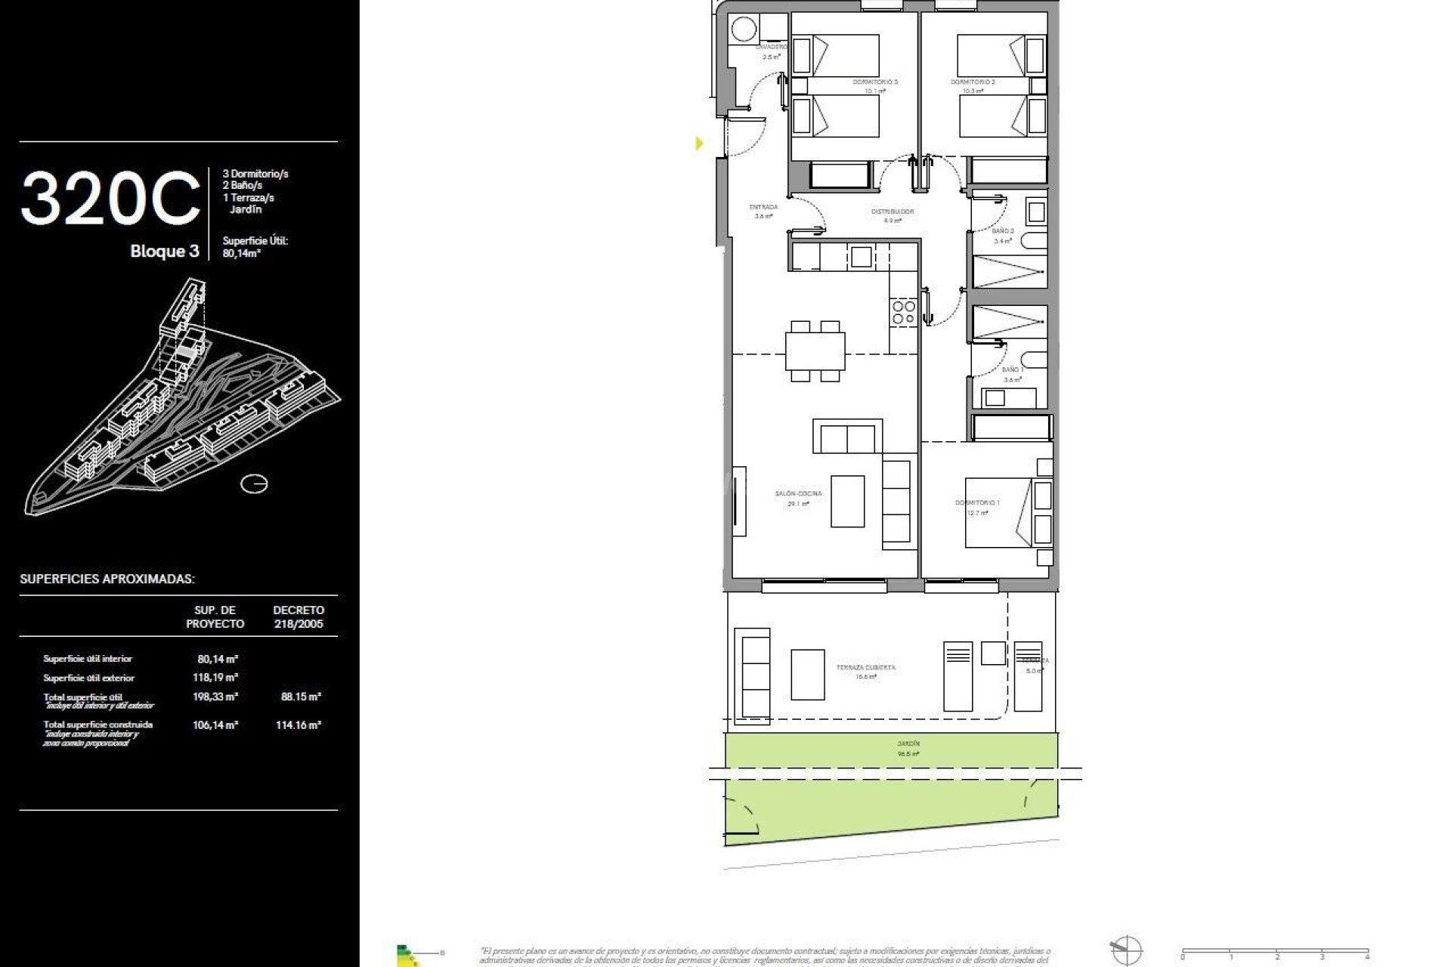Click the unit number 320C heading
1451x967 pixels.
(x=110, y=199)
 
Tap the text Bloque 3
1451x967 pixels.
(x=165, y=251)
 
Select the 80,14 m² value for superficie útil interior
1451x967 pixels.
(x=218, y=659)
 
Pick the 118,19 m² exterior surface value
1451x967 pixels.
(x=215, y=678)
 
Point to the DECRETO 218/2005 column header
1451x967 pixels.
(x=299, y=616)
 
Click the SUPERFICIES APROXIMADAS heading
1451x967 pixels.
(x=107, y=579)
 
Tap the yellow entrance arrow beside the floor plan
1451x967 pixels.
(x=699, y=143)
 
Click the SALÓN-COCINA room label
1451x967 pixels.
(x=798, y=494)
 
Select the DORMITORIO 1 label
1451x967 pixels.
(x=977, y=503)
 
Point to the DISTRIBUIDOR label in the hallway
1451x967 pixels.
(x=893, y=212)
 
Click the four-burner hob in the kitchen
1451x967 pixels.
(x=904, y=312)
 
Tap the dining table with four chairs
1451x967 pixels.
(x=815, y=351)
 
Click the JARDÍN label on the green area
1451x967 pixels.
(x=908, y=744)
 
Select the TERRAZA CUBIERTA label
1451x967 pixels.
(x=865, y=668)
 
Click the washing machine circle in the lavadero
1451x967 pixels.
(x=744, y=29)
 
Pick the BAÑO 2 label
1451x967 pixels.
(x=1003, y=231)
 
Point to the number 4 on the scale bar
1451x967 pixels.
(x=1367, y=957)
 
